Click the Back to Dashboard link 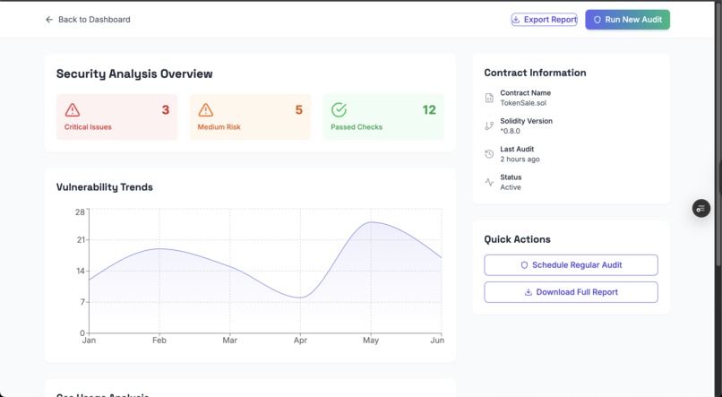click(x=88, y=20)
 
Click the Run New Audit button click(x=627, y=20)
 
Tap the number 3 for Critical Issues click(x=165, y=110)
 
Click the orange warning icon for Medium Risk click(x=206, y=110)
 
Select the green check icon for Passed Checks click(x=339, y=110)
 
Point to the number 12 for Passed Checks click(x=429, y=110)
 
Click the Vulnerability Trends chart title click(x=104, y=187)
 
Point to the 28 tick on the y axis click(x=80, y=212)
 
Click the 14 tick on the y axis click(x=80, y=271)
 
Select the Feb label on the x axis click(x=159, y=341)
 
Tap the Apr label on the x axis click(x=300, y=341)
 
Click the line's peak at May click(x=371, y=222)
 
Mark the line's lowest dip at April click(x=300, y=298)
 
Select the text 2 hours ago click(x=520, y=160)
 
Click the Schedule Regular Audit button click(x=571, y=265)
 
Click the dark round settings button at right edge click(x=701, y=208)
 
